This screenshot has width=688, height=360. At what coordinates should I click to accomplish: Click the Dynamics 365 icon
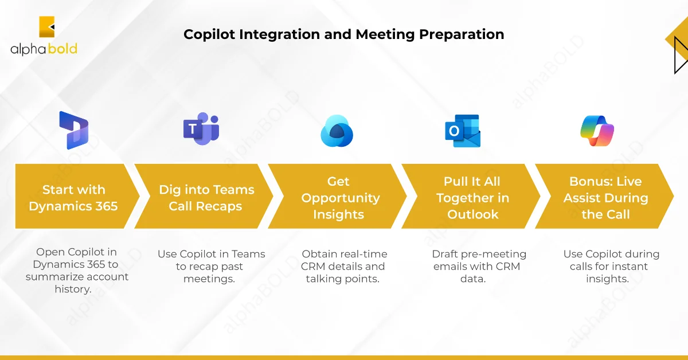(74, 130)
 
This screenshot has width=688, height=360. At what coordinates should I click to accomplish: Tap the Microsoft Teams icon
(201, 129)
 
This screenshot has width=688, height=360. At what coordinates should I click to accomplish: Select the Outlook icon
(463, 131)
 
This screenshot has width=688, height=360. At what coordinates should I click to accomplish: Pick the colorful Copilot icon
(597, 131)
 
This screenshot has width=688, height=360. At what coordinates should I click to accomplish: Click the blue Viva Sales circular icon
(337, 131)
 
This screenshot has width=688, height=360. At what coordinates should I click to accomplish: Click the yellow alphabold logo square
(46, 27)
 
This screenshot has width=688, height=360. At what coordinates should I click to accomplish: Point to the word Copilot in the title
(209, 34)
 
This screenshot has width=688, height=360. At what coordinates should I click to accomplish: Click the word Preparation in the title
(462, 35)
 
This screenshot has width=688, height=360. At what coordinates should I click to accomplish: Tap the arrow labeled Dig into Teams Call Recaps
(204, 196)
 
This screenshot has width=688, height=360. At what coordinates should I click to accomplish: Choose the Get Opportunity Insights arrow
(337, 196)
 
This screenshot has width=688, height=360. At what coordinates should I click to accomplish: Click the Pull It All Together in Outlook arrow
(471, 196)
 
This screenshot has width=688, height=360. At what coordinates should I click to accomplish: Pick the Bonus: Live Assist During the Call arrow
(604, 196)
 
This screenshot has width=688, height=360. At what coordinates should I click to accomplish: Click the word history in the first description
(73, 289)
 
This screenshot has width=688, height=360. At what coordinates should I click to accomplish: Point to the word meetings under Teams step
(209, 279)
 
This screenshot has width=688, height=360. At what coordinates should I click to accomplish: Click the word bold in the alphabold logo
(62, 49)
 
